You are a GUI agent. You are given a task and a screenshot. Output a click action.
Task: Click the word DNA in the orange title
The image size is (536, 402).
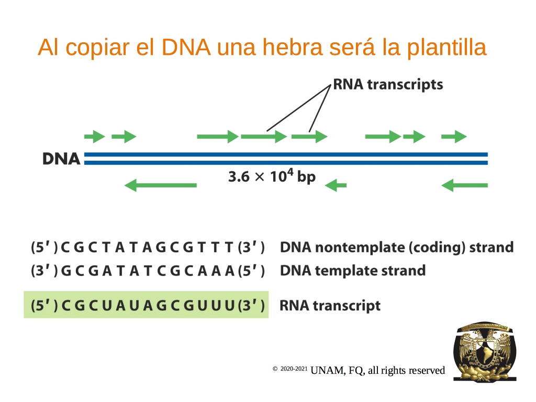tap(186, 47)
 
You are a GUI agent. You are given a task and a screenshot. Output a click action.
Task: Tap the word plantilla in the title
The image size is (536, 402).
tap(446, 48)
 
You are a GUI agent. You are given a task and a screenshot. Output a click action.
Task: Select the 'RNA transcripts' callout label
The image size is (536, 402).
tap(388, 85)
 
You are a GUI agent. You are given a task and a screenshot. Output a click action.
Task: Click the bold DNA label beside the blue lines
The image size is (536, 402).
tap(61, 159)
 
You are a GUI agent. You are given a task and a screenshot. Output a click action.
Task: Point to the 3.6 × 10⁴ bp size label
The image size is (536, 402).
tap(272, 176)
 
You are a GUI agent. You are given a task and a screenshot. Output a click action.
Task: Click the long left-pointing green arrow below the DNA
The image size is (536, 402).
tap(160, 185)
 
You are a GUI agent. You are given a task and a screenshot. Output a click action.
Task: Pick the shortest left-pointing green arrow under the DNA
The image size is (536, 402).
tap(336, 185)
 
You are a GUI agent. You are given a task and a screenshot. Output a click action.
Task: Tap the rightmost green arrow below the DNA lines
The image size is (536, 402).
tap(465, 185)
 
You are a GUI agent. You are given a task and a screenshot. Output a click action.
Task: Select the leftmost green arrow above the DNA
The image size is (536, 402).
tap(94, 137)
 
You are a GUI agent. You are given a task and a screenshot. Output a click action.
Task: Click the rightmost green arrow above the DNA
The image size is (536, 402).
tap(454, 137)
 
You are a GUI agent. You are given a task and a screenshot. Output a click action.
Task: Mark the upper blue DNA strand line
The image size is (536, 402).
tap(286, 154)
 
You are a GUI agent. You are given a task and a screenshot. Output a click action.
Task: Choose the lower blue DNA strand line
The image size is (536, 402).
tap(286, 163)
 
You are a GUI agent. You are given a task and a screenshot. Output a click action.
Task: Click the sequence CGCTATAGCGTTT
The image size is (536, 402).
tap(147, 247)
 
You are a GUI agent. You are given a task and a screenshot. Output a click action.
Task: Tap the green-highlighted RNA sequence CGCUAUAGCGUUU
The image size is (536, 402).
tap(147, 305)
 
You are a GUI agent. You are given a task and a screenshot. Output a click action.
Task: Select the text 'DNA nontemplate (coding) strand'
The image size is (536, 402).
tap(397, 248)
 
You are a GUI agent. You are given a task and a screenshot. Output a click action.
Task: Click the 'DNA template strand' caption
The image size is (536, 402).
tap(353, 271)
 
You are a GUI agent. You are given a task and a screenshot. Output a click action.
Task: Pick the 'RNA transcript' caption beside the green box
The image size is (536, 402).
tap(330, 306)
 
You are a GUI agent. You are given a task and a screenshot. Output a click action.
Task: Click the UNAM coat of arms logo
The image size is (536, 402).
tap(485, 351)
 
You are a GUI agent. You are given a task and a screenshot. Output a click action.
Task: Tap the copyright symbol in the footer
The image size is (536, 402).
tap(275, 368)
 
